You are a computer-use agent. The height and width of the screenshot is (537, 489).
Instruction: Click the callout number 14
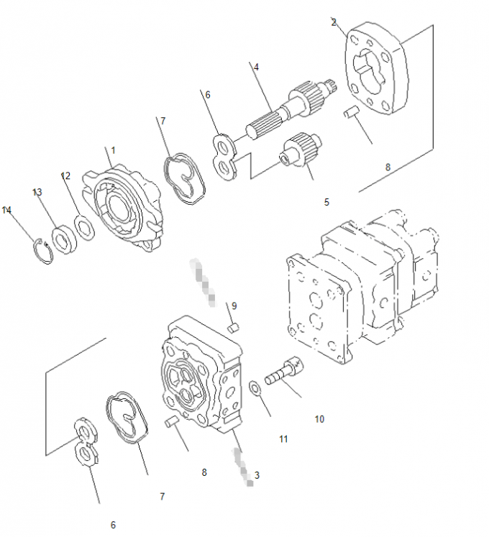6,210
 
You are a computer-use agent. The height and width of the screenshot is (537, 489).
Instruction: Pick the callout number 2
334,22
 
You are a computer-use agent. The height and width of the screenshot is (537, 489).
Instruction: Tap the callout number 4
256,67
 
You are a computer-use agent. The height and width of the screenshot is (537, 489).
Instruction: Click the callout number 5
326,202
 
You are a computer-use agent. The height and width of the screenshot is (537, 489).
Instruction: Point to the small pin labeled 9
233,329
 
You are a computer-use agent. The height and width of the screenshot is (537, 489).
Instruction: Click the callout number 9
234,306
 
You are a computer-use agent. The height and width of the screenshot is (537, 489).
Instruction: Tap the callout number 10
319,418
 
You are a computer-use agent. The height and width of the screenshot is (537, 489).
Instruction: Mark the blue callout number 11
283,438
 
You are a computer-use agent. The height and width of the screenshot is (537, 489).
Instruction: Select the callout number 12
65,175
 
